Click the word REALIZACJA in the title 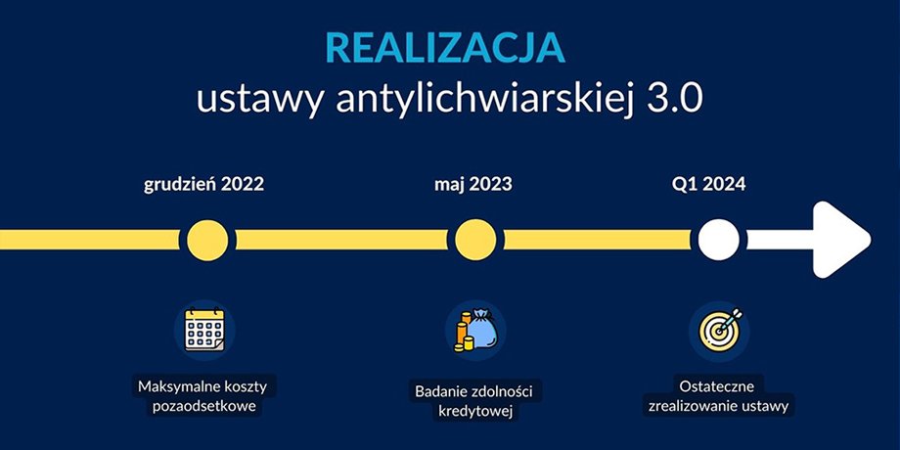point(445,48)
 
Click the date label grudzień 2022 point(203,186)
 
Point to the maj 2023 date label point(472,185)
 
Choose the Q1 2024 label point(709,185)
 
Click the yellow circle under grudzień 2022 point(207,240)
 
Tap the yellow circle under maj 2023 point(475,240)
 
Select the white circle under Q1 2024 point(719,240)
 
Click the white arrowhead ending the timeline point(838,240)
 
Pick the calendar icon point(204,330)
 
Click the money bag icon point(476,331)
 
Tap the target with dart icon point(720,330)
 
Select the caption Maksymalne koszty point(202,386)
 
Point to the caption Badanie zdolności point(474,392)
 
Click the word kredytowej point(474,412)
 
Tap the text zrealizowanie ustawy point(718,406)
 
